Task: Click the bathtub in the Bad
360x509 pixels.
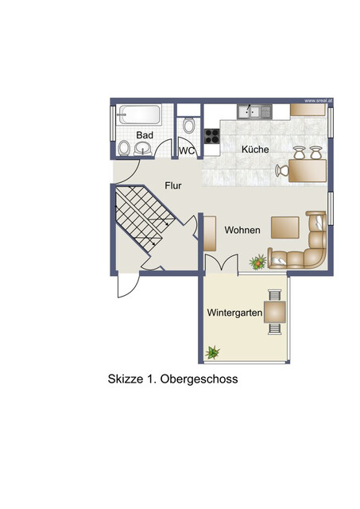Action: (x=138, y=115)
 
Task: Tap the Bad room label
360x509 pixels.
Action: (x=144, y=135)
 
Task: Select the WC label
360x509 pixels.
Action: (x=187, y=150)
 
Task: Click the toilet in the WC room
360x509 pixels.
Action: (x=188, y=126)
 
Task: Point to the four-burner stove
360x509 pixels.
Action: (x=211, y=136)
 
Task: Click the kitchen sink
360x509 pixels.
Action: (x=255, y=112)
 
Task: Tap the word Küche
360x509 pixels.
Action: (x=255, y=149)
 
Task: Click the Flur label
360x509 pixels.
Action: (x=173, y=185)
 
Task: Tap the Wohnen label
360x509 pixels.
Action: (x=242, y=229)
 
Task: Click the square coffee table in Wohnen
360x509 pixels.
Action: (x=285, y=227)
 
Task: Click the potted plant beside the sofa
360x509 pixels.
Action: (x=257, y=261)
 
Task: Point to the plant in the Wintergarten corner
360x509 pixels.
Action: (x=213, y=352)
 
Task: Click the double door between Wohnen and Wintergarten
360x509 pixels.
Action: (x=220, y=264)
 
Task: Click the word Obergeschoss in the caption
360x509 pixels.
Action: (x=199, y=379)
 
